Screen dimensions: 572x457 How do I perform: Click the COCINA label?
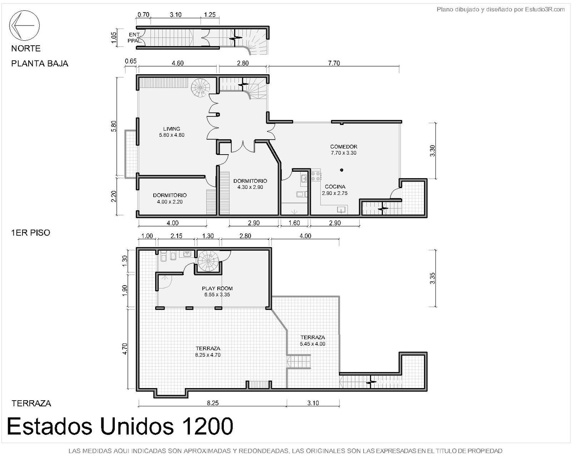point(335,187)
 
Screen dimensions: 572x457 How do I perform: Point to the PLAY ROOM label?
point(217,288)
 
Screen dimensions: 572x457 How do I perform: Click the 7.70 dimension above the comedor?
point(334,63)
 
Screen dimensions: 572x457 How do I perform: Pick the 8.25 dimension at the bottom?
point(213,403)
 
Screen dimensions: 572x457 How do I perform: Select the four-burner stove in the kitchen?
point(316,176)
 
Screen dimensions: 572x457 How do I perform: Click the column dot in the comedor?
point(342,170)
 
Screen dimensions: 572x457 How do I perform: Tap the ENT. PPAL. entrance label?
point(134,38)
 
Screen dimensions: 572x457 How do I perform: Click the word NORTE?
point(26,48)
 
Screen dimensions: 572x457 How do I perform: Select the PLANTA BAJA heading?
point(40,64)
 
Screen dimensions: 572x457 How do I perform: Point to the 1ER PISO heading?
point(31,233)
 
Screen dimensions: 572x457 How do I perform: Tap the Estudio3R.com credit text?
point(545,10)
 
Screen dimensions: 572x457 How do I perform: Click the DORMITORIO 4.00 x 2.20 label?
point(170,198)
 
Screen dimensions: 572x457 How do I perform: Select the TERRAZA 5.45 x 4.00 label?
point(313,340)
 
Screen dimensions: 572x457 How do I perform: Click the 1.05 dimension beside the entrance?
point(114,38)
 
